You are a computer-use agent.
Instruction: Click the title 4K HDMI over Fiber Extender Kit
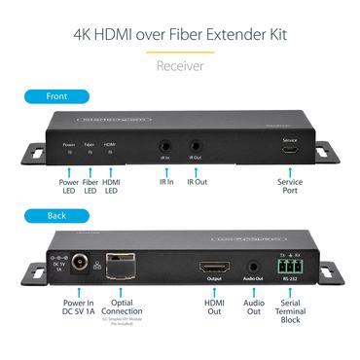(180, 36)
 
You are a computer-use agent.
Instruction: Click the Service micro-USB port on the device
(289, 151)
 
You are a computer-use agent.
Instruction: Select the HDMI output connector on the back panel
(213, 268)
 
